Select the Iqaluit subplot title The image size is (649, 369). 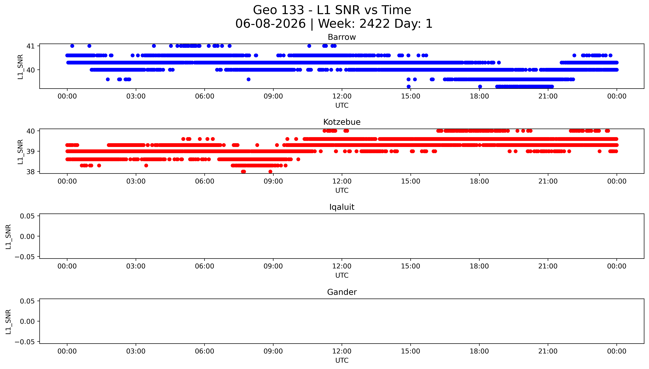pyautogui.click(x=342, y=207)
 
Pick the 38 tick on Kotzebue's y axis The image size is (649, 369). pyautogui.click(x=30, y=172)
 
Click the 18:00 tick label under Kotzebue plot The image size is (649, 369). pyautogui.click(x=479, y=181)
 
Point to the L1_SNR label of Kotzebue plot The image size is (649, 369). pyautogui.click(x=20, y=152)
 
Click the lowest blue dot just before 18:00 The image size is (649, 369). pyautogui.click(x=480, y=86)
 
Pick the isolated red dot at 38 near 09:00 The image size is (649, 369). pyautogui.click(x=270, y=172)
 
